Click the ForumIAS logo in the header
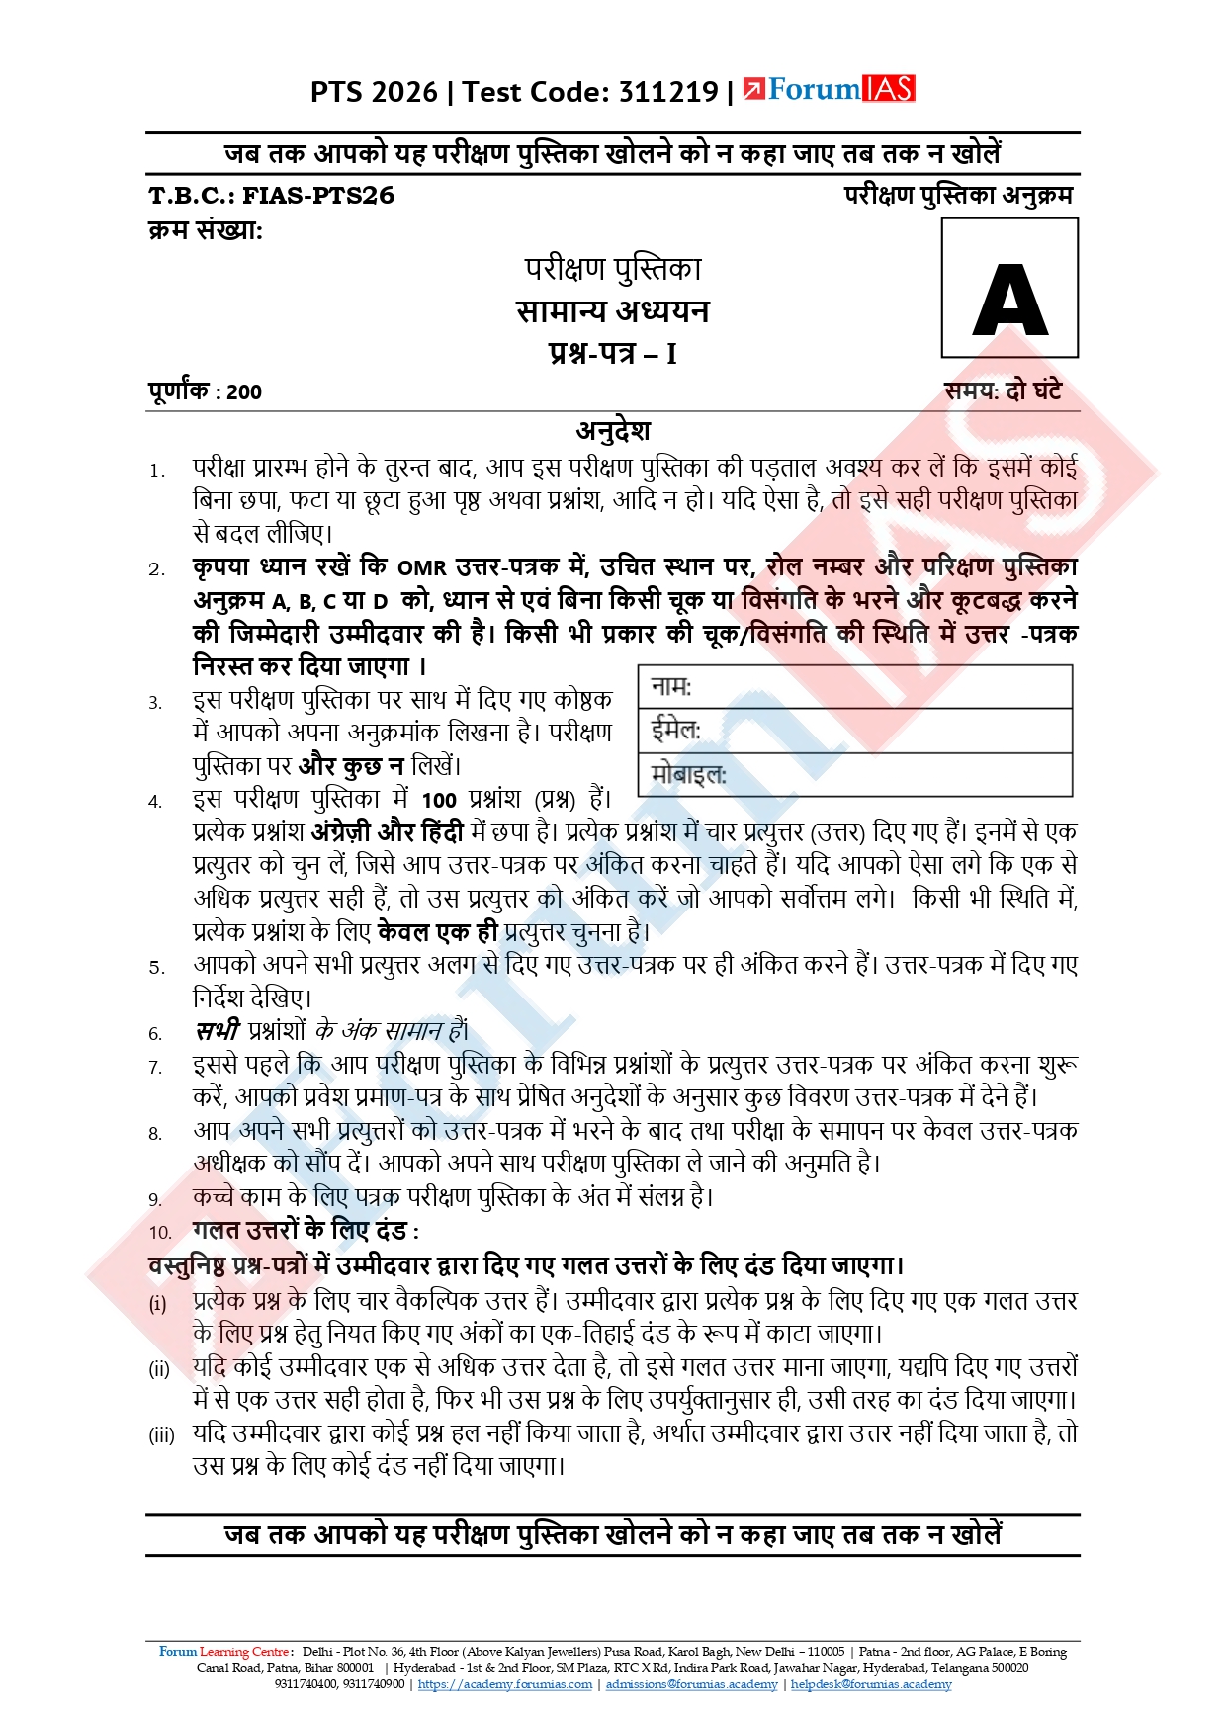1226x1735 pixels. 829,90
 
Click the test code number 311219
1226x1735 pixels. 668,92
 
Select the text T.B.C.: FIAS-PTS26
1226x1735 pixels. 272,196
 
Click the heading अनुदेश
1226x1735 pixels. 613,431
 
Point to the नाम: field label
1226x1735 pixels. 672,686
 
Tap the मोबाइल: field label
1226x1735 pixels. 688,774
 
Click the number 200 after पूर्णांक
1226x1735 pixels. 244,392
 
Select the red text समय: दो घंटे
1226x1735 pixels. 1003,391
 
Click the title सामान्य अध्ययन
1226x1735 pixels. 613,311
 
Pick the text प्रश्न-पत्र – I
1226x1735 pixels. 613,353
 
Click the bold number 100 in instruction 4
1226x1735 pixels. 439,801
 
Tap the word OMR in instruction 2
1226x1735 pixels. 422,568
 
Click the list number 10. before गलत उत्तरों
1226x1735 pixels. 160,1233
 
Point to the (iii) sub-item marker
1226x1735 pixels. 161,1435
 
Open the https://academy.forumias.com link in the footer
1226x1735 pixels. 505,1684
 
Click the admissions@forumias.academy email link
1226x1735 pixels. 691,1684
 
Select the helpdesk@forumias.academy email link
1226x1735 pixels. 871,1684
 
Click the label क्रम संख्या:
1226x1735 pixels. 206,231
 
